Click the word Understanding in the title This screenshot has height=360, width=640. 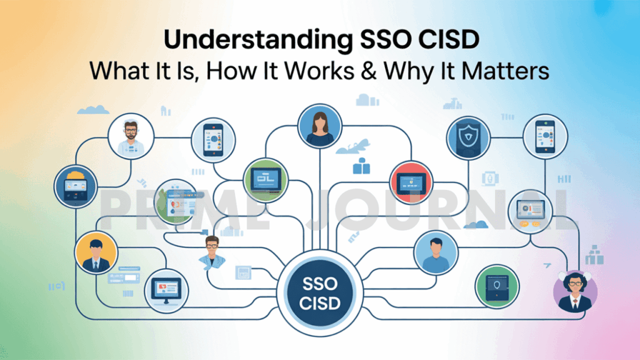[258, 40]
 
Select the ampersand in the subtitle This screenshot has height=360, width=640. [369, 71]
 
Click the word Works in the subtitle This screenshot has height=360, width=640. [319, 71]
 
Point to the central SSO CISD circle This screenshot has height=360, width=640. [319, 293]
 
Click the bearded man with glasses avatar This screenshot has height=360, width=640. [131, 136]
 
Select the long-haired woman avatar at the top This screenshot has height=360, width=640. [319, 126]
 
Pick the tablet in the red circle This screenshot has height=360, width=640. [411, 183]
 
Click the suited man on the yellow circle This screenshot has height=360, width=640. [96, 252]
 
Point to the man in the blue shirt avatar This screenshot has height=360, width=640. [436, 253]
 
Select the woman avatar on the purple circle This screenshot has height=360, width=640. [575, 291]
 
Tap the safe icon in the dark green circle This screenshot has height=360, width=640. [497, 286]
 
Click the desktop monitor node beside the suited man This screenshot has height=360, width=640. [166, 291]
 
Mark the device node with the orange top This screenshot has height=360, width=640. [76, 186]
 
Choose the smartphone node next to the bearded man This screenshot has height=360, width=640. [213, 140]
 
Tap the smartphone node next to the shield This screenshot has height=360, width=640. [545, 136]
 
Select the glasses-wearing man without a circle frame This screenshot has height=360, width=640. [212, 253]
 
